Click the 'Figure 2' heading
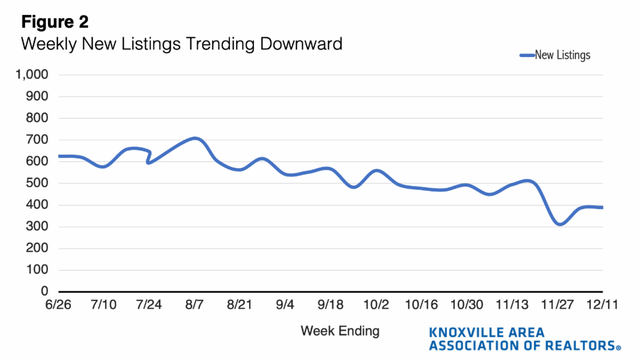(x=54, y=22)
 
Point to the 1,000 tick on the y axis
(x=33, y=75)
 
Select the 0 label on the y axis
(x=45, y=292)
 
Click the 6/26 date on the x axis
(x=59, y=305)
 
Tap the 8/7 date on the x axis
(x=194, y=305)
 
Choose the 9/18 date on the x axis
(x=330, y=305)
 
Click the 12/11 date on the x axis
(x=602, y=305)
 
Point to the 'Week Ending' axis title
(x=340, y=331)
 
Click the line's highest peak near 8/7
(x=195, y=139)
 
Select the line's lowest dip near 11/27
(x=559, y=225)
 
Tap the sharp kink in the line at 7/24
(x=148, y=162)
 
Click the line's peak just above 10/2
(x=377, y=171)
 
